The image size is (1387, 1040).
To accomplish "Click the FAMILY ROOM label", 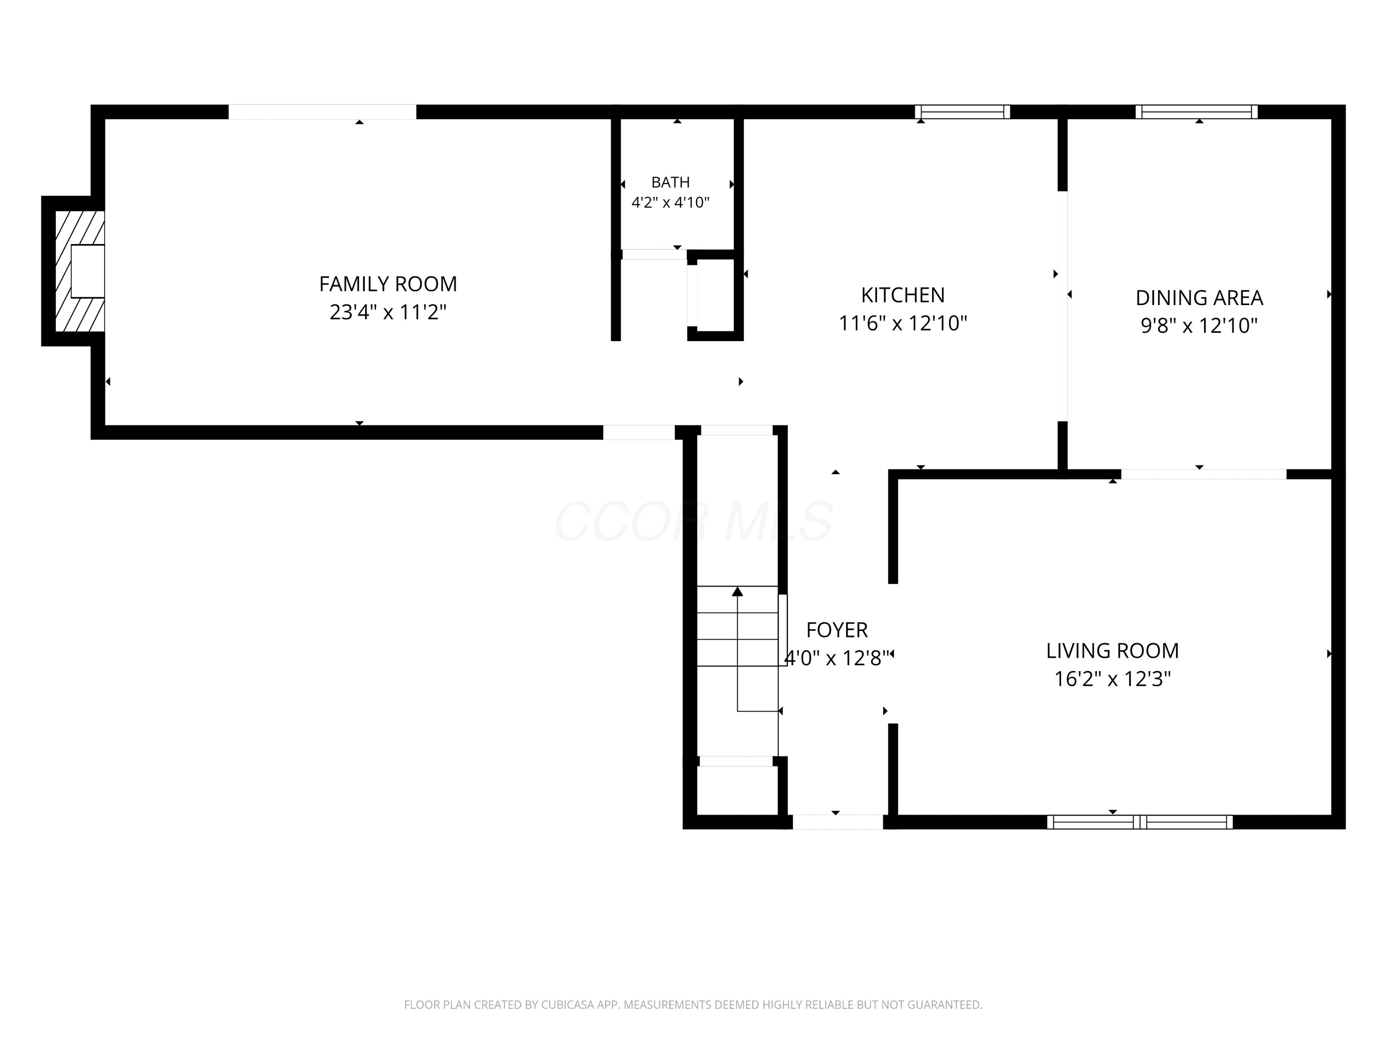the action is pyautogui.click(x=388, y=284).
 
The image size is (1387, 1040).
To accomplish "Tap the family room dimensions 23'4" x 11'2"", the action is pyautogui.click(x=388, y=312).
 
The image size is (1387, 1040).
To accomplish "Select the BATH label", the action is pyautogui.click(x=670, y=183).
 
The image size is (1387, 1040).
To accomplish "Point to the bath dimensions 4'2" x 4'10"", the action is pyautogui.click(x=670, y=202).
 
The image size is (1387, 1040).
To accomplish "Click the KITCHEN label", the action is pyautogui.click(x=903, y=295).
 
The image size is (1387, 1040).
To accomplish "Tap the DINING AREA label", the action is pyautogui.click(x=1199, y=298).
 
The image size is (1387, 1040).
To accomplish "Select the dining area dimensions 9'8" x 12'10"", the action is pyautogui.click(x=1199, y=326).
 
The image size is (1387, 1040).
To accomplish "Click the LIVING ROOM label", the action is pyautogui.click(x=1112, y=651).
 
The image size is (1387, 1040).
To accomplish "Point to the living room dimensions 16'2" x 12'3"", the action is pyautogui.click(x=1112, y=679).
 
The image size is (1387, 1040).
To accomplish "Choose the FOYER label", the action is pyautogui.click(x=837, y=630).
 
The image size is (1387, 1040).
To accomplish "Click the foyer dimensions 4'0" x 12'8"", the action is pyautogui.click(x=837, y=658).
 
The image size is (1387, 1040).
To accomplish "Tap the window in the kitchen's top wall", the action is pyautogui.click(x=963, y=111).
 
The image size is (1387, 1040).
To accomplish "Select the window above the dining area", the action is pyautogui.click(x=1197, y=111).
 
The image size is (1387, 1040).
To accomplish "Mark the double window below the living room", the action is pyautogui.click(x=1140, y=822).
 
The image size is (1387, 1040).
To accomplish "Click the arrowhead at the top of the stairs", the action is pyautogui.click(x=737, y=591).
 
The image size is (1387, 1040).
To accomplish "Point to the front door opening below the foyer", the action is pyautogui.click(x=838, y=822).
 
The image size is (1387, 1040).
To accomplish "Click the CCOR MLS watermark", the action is pyautogui.click(x=693, y=521).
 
